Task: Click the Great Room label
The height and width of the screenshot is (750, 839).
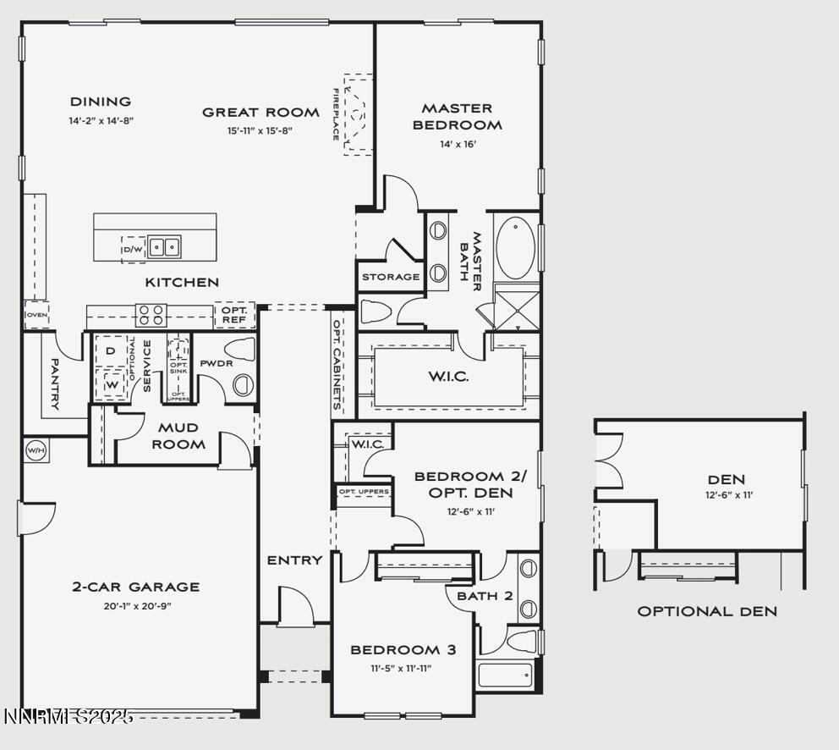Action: click(260, 112)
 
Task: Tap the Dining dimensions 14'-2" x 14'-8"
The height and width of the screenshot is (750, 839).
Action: click(101, 121)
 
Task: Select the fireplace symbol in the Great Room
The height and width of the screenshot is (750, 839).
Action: click(358, 113)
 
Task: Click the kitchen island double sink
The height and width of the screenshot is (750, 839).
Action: click(165, 247)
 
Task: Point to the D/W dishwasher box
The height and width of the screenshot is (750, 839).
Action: click(134, 249)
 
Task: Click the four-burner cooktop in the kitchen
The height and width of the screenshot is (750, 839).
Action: click(151, 316)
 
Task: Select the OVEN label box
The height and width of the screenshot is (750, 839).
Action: click(36, 315)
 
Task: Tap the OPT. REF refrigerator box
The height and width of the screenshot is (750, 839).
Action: click(234, 315)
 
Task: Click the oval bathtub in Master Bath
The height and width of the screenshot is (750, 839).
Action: click(515, 248)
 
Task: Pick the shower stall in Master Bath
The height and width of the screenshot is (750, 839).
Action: click(517, 309)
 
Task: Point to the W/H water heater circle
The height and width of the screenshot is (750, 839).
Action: click(36, 449)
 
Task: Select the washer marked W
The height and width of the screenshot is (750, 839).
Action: click(110, 383)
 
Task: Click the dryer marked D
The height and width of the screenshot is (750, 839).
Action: click(110, 350)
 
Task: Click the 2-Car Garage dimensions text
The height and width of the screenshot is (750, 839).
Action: click(136, 605)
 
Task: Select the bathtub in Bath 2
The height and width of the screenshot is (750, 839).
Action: click(506, 675)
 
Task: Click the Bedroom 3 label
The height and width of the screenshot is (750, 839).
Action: click(403, 650)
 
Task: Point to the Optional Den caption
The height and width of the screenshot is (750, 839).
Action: click(706, 611)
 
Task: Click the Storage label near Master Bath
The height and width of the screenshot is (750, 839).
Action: click(391, 277)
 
